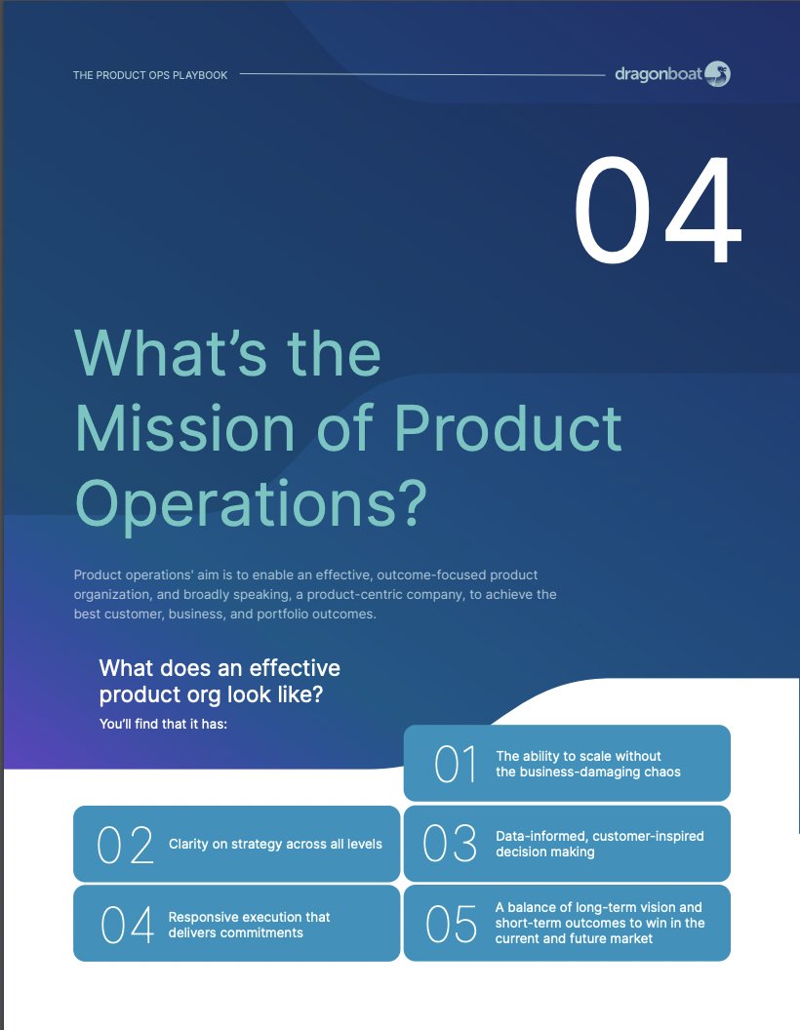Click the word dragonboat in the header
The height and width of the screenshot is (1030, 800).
pos(659,74)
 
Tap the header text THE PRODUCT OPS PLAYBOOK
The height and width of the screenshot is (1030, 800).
pos(150,75)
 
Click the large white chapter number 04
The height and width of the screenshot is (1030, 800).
pos(657,213)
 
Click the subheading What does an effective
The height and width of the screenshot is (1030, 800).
pos(220,668)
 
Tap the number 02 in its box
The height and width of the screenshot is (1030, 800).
pos(126,845)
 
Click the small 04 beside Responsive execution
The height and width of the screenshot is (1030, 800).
pos(128,925)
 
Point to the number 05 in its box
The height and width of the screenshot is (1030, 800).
pos(452,925)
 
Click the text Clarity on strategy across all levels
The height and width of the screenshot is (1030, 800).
pos(275,844)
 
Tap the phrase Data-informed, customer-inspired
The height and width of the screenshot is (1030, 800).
pos(599,836)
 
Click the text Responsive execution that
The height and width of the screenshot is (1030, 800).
pos(249,917)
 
